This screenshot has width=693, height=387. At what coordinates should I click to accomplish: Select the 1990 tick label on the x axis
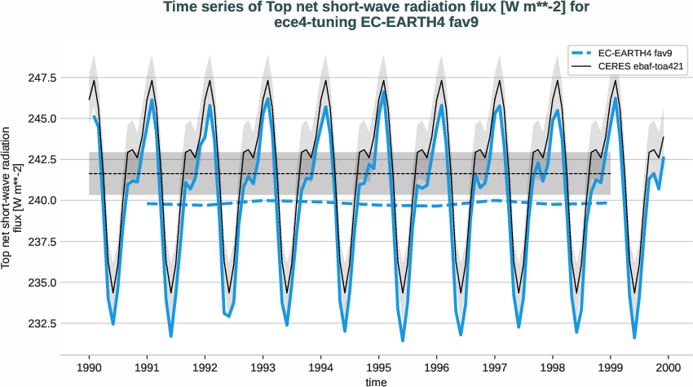coord(89,367)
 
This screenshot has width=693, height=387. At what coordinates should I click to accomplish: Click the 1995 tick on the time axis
coord(379,367)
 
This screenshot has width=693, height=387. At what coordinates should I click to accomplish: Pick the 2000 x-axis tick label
coord(669,367)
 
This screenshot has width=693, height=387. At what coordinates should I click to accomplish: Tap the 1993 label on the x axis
coord(263,367)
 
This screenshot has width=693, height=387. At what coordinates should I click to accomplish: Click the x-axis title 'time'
coord(377,380)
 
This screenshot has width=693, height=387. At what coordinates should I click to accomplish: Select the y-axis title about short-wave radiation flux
coord(11,196)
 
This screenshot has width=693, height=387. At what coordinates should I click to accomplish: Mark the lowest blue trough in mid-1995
coord(403,340)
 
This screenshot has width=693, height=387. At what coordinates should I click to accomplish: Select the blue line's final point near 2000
coord(664,158)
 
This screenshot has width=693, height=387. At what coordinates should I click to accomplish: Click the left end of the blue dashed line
coord(148,203)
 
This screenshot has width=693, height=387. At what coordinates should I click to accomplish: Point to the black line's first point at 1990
coord(90,100)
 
